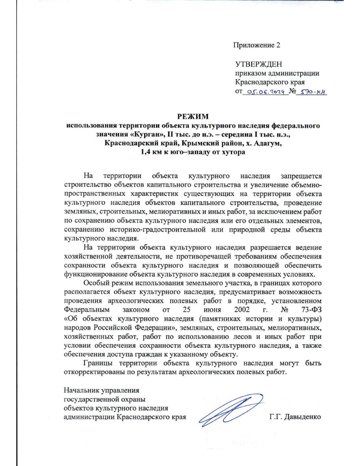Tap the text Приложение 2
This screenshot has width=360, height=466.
[256, 45]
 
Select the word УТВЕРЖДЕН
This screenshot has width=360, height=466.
[258, 64]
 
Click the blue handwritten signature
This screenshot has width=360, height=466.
[231, 410]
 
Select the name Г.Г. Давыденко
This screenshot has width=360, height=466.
[295, 417]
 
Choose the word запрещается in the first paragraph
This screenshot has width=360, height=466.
[301, 176]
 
